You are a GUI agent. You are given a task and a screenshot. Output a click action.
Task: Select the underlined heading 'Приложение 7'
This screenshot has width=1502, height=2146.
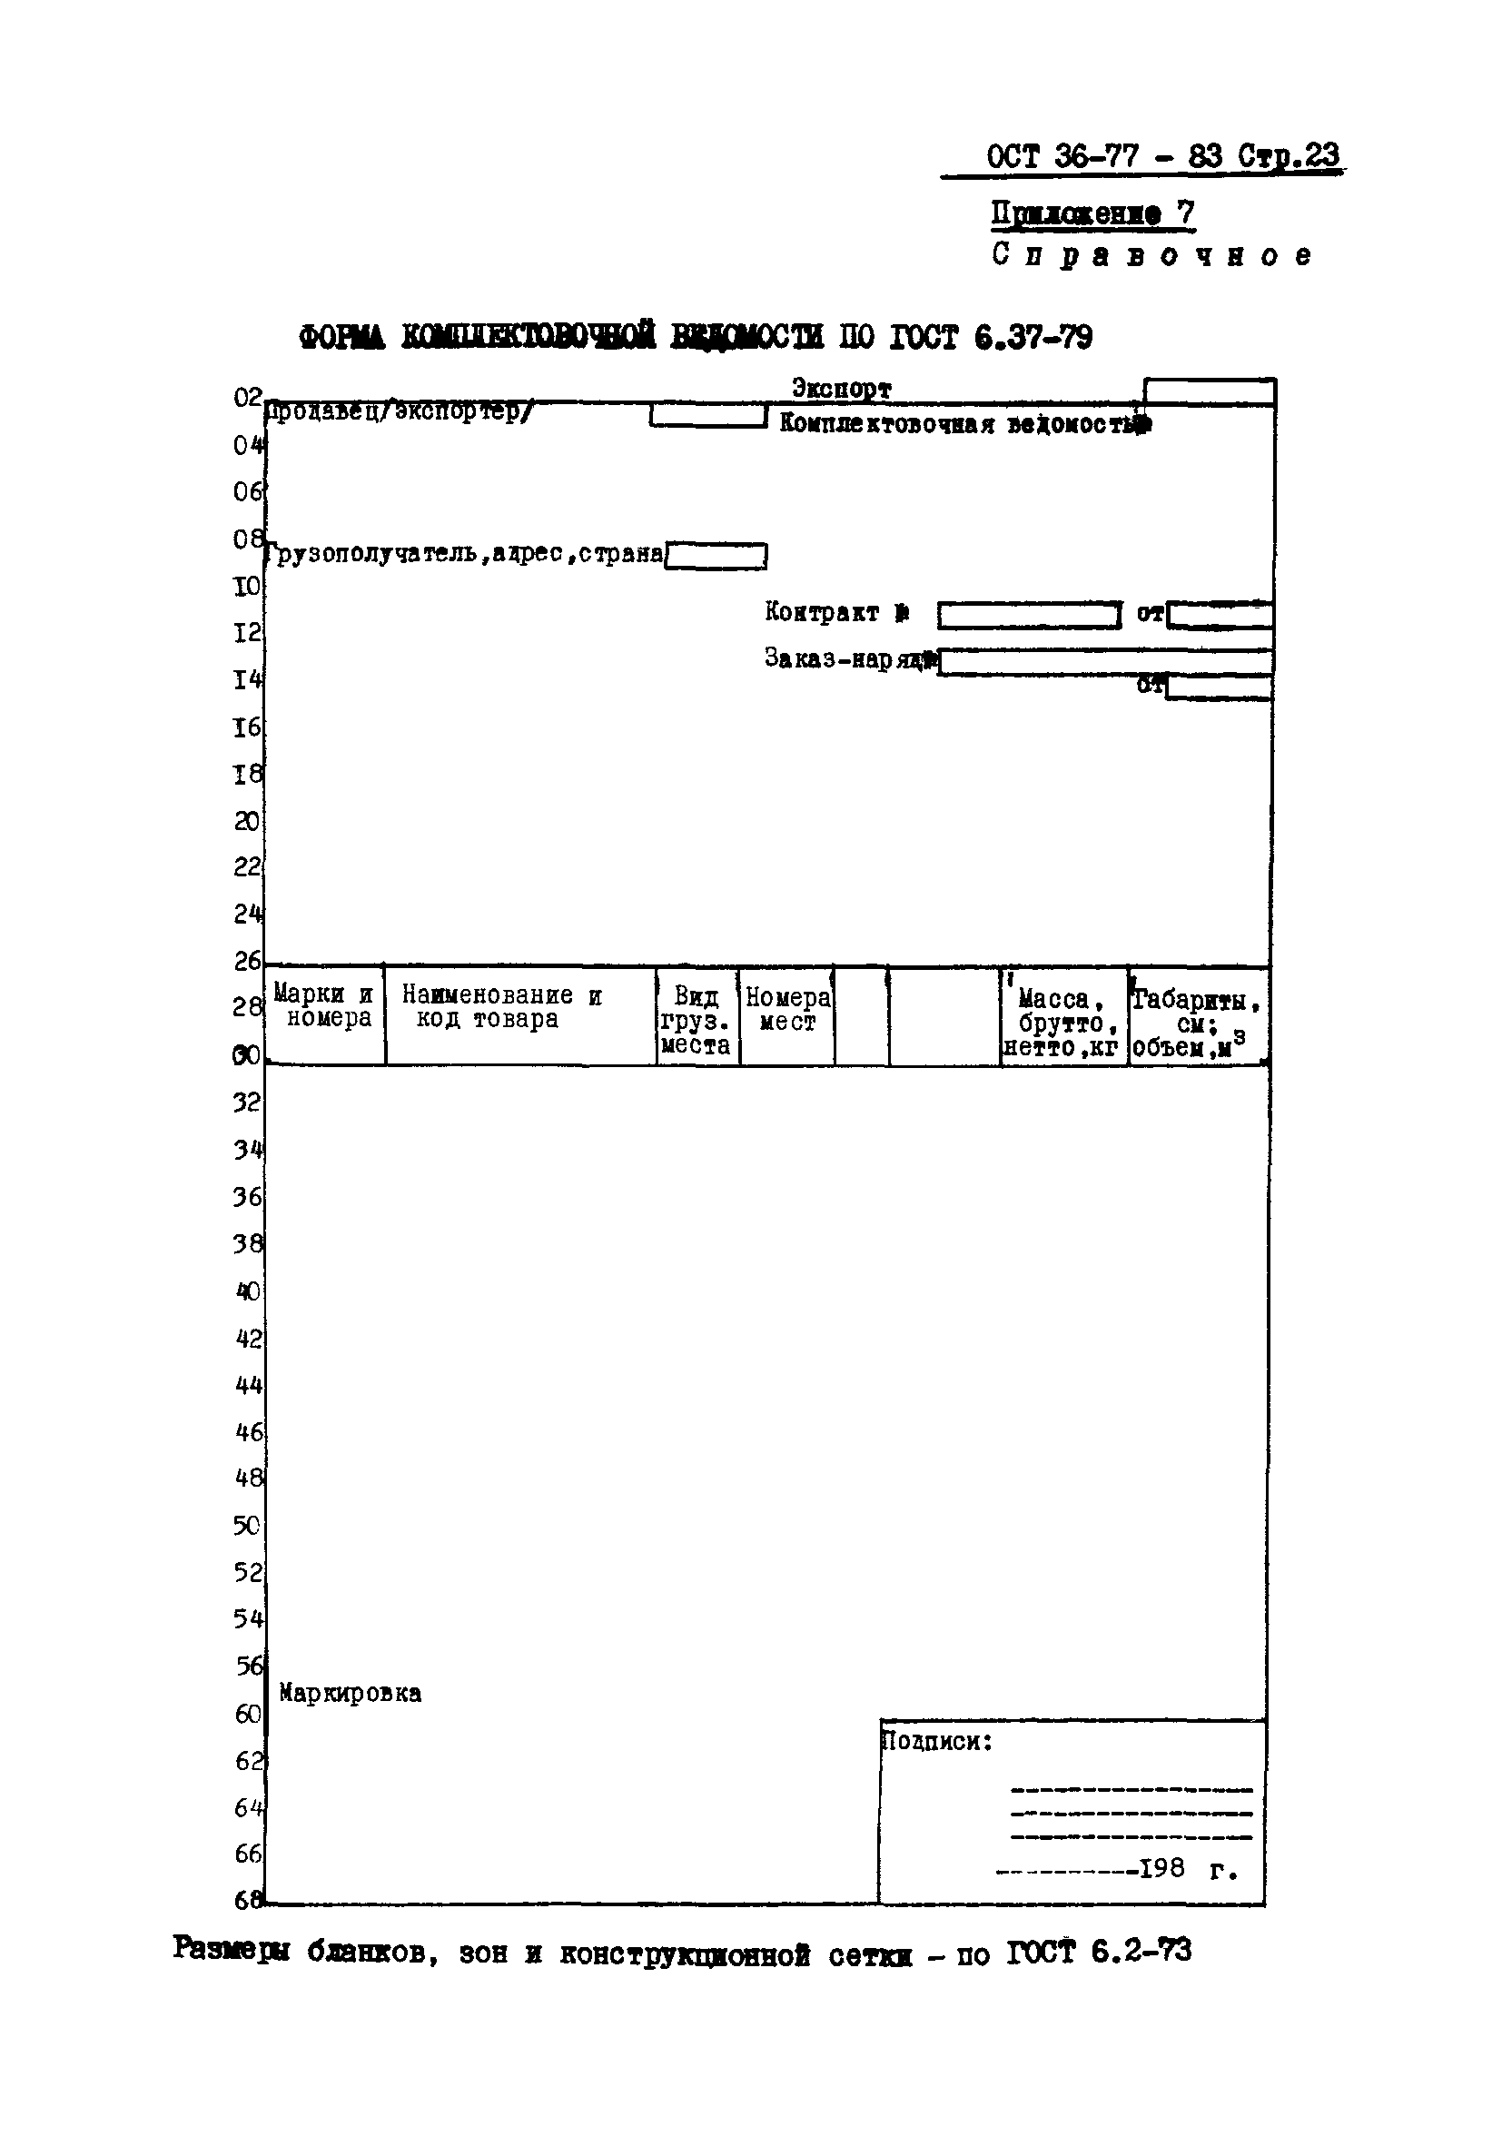tap(1092, 214)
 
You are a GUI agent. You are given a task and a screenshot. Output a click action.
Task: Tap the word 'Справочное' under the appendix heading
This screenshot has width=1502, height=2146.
tap(1151, 255)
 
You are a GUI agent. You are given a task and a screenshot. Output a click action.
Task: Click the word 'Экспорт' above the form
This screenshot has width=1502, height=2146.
tap(841, 388)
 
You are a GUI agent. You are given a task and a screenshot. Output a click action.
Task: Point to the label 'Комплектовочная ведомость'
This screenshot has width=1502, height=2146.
tap(963, 425)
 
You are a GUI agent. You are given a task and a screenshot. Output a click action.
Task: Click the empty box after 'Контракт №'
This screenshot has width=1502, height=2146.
tap(1028, 616)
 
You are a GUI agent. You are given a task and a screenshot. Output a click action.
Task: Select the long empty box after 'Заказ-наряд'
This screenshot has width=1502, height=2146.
tap(1105, 662)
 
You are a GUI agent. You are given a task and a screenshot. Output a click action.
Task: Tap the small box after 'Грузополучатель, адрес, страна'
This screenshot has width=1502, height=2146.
tap(716, 556)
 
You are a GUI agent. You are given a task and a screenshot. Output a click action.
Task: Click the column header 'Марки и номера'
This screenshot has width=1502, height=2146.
tap(325, 1006)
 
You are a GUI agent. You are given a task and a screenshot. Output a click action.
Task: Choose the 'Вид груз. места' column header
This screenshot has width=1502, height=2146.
tap(696, 1021)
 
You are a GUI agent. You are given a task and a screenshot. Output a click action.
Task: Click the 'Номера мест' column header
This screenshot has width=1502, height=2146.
tap(787, 1010)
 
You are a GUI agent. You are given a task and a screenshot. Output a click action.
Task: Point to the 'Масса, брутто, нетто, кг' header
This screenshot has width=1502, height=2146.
tap(1062, 1024)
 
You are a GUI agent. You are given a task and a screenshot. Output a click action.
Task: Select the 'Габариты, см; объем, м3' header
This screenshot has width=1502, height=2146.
tap(1196, 1024)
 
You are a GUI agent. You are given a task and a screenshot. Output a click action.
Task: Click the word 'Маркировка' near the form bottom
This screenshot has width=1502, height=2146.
tap(350, 1694)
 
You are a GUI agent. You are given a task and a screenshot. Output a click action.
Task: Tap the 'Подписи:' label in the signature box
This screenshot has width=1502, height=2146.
tap(937, 1742)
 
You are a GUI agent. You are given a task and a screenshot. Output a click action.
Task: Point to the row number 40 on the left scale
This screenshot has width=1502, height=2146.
tap(248, 1291)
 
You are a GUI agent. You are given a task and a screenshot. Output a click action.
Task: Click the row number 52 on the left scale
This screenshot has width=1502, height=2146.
tap(248, 1573)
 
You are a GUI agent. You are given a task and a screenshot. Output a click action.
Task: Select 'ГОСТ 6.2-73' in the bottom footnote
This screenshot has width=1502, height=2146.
tap(1098, 1952)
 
